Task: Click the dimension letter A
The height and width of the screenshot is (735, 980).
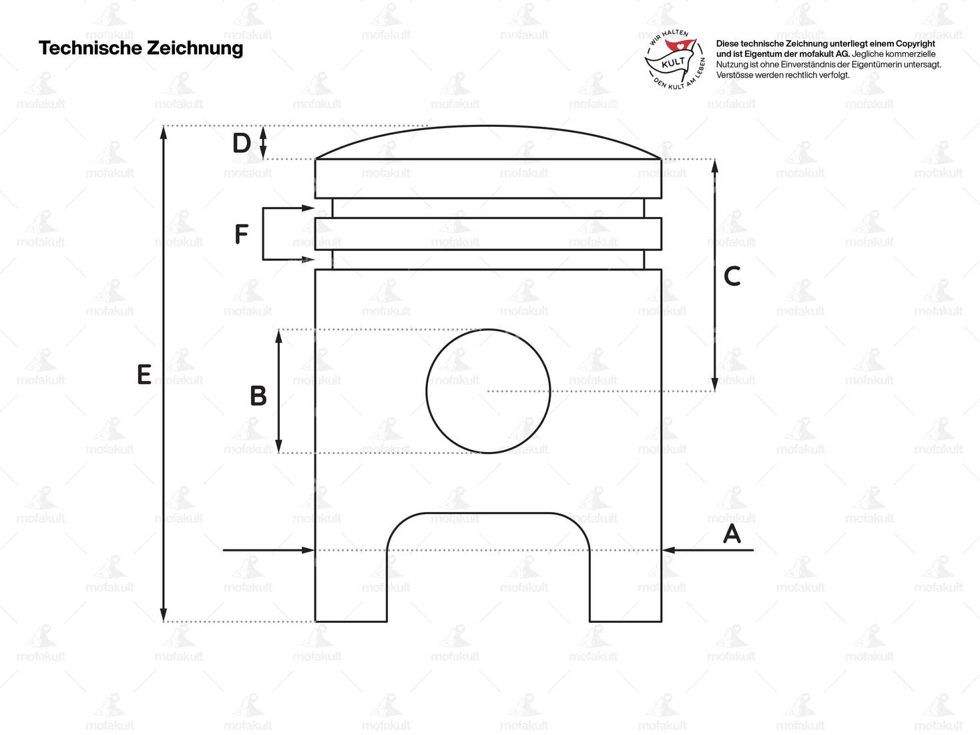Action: [732, 534]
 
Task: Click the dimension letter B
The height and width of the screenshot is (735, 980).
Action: [258, 396]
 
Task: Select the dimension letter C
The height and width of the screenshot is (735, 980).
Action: [732, 276]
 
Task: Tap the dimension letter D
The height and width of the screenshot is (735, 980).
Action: [241, 143]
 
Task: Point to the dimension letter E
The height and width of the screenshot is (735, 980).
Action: [144, 375]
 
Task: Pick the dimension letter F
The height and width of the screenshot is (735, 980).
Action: [242, 234]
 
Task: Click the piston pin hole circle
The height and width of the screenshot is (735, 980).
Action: [488, 391]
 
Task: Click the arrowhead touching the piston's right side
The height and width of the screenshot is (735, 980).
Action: [668, 550]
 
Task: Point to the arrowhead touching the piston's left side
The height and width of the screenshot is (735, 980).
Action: [308, 550]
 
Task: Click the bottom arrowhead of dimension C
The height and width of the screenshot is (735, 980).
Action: [715, 385]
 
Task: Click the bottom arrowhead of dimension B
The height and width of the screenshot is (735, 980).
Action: [279, 447]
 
